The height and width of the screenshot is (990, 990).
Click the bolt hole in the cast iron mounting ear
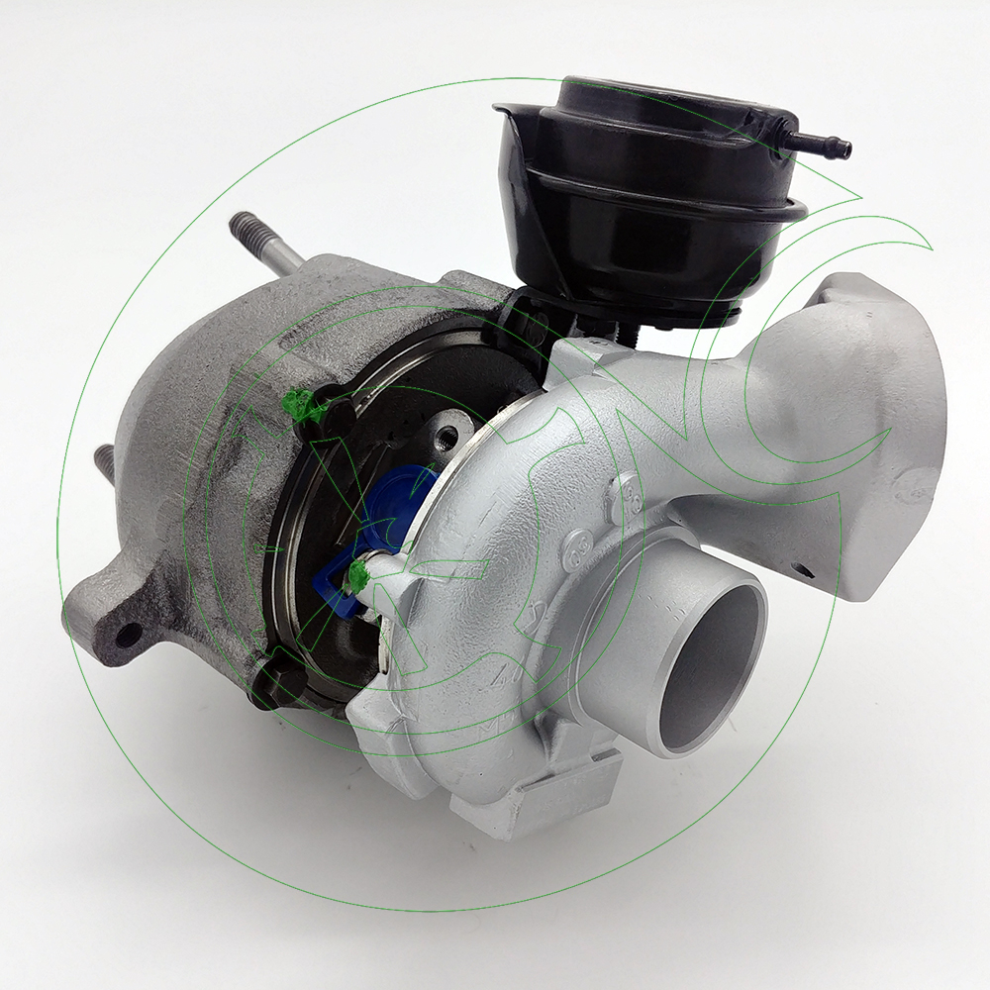[126, 634]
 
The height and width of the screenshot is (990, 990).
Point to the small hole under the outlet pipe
[804, 571]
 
